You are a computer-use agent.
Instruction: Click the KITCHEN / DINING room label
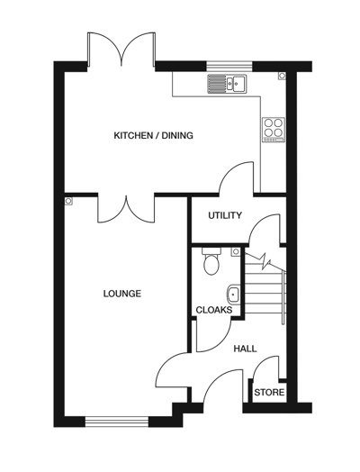[x=153, y=136]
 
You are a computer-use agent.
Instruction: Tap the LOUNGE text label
[x=121, y=294]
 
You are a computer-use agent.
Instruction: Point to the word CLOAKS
[x=214, y=310]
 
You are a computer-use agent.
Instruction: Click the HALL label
[x=245, y=349]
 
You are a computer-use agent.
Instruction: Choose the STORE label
[x=269, y=393]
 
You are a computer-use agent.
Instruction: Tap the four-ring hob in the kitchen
[x=273, y=129]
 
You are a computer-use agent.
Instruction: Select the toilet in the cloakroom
[x=211, y=262]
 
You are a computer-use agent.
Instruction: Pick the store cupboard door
[x=265, y=369]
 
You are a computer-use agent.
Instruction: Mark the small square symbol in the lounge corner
[x=69, y=201]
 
